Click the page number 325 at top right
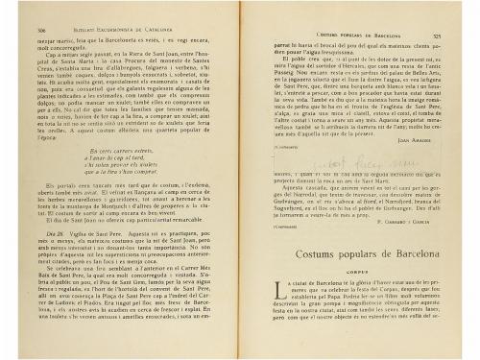pyautogui.click(x=461, y=34)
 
